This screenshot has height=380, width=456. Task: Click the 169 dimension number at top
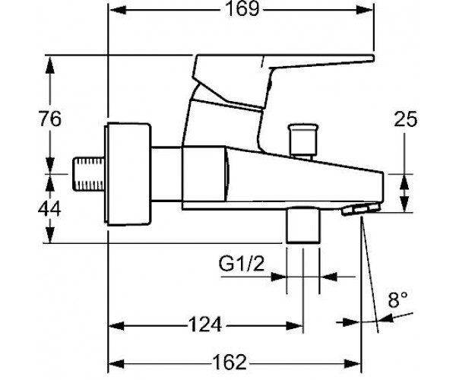(x=242, y=9)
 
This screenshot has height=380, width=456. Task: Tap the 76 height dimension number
(x=50, y=119)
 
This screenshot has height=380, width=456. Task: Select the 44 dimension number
(x=49, y=208)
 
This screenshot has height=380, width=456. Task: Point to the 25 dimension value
(x=405, y=119)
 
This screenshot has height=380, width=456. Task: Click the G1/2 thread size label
(x=242, y=264)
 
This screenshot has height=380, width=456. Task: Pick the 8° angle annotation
(x=397, y=299)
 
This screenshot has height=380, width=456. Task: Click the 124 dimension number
(x=205, y=325)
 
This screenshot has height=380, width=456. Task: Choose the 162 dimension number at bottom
(x=230, y=363)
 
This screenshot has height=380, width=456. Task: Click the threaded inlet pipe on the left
(x=88, y=174)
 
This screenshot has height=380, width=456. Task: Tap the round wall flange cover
(x=128, y=174)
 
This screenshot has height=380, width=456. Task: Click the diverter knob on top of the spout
(x=302, y=141)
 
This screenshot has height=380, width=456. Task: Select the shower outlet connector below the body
(x=302, y=225)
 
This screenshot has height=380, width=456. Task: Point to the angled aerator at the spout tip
(x=361, y=209)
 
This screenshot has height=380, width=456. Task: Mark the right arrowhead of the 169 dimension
(x=365, y=10)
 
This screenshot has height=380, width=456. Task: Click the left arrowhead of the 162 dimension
(x=116, y=363)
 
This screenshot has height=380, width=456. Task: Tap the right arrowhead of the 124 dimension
(x=294, y=325)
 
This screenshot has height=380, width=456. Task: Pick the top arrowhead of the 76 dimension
(x=50, y=64)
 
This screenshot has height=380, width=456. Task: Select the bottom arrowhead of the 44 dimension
(x=50, y=234)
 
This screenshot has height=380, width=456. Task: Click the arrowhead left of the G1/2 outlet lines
(x=278, y=277)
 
